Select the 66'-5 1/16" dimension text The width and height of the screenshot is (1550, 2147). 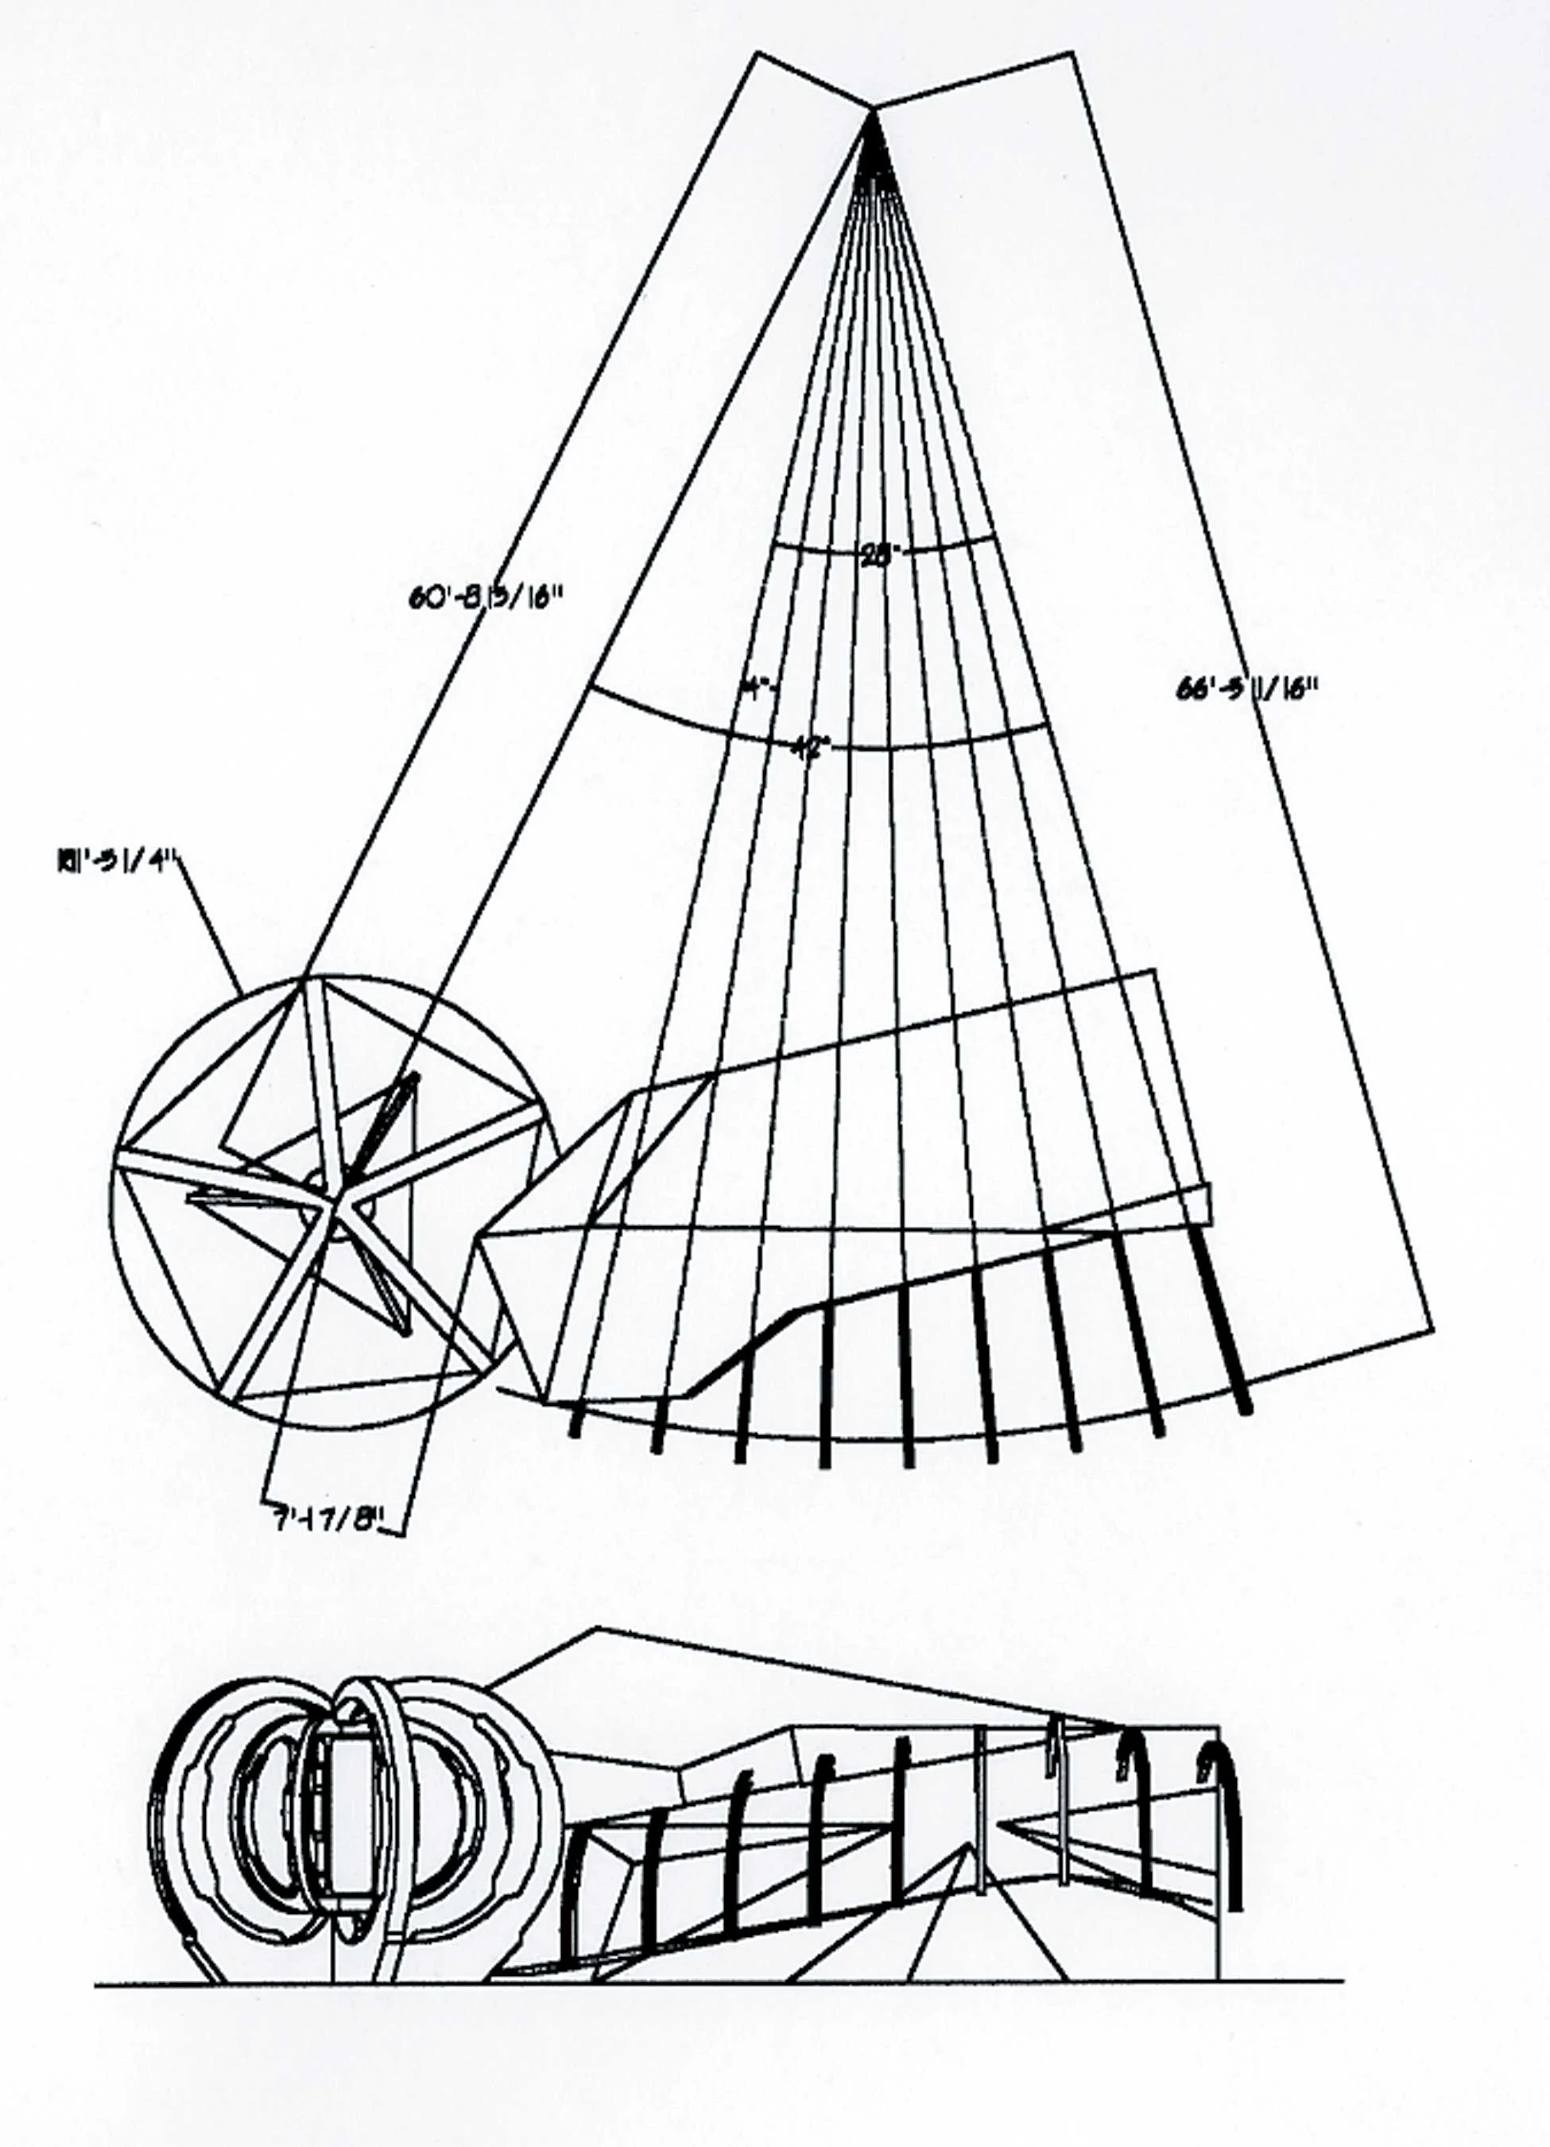pyautogui.click(x=1246, y=690)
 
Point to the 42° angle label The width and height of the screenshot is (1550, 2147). pyautogui.click(x=811, y=746)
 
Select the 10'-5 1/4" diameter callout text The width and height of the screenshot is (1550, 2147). pyautogui.click(x=118, y=863)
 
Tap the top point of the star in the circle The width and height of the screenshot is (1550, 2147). pyautogui.click(x=304, y=980)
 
